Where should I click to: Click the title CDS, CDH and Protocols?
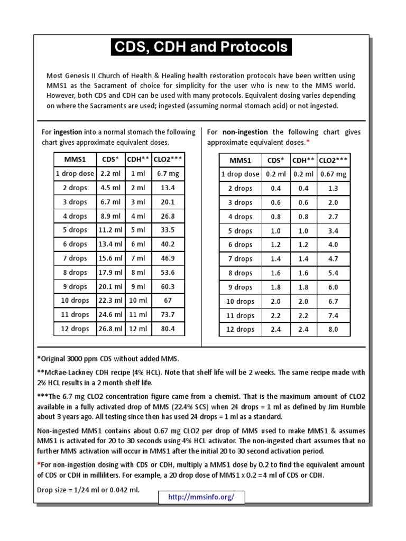coord(201,48)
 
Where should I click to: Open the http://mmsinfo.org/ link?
coord(200,498)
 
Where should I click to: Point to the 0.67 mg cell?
coord(334,174)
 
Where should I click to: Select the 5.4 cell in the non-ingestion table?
coord(334,273)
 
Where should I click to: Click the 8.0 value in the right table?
coord(334,329)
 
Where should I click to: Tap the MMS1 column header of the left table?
coord(75,160)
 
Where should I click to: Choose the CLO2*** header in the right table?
coord(334,160)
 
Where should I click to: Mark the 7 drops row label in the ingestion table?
coord(75,258)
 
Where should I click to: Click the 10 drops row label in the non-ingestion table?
coord(240,301)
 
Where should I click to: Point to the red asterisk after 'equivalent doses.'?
coord(308,142)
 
